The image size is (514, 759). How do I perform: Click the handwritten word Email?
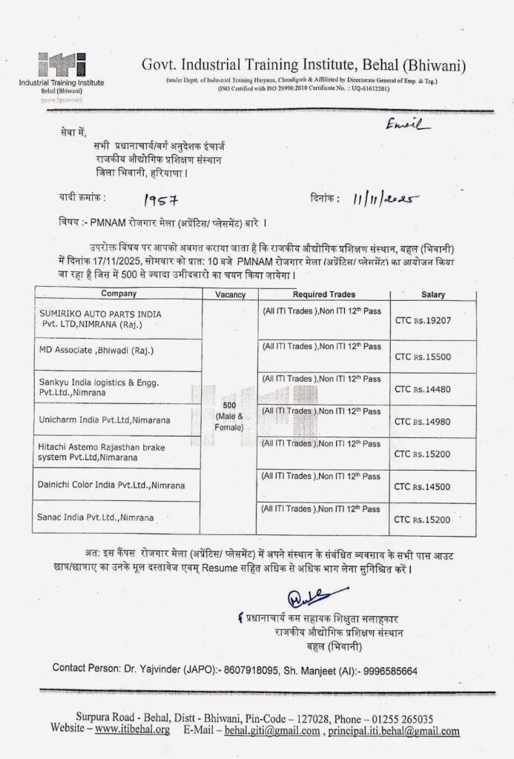(x=408, y=127)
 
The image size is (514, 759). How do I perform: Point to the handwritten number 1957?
(x=162, y=199)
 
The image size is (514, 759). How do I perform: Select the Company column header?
(x=119, y=294)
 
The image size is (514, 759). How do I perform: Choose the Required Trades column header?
(x=323, y=294)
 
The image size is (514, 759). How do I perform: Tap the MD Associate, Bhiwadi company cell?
(x=96, y=351)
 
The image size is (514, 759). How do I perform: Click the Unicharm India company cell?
(x=105, y=420)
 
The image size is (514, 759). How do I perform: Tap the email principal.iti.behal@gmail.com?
(x=393, y=731)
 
